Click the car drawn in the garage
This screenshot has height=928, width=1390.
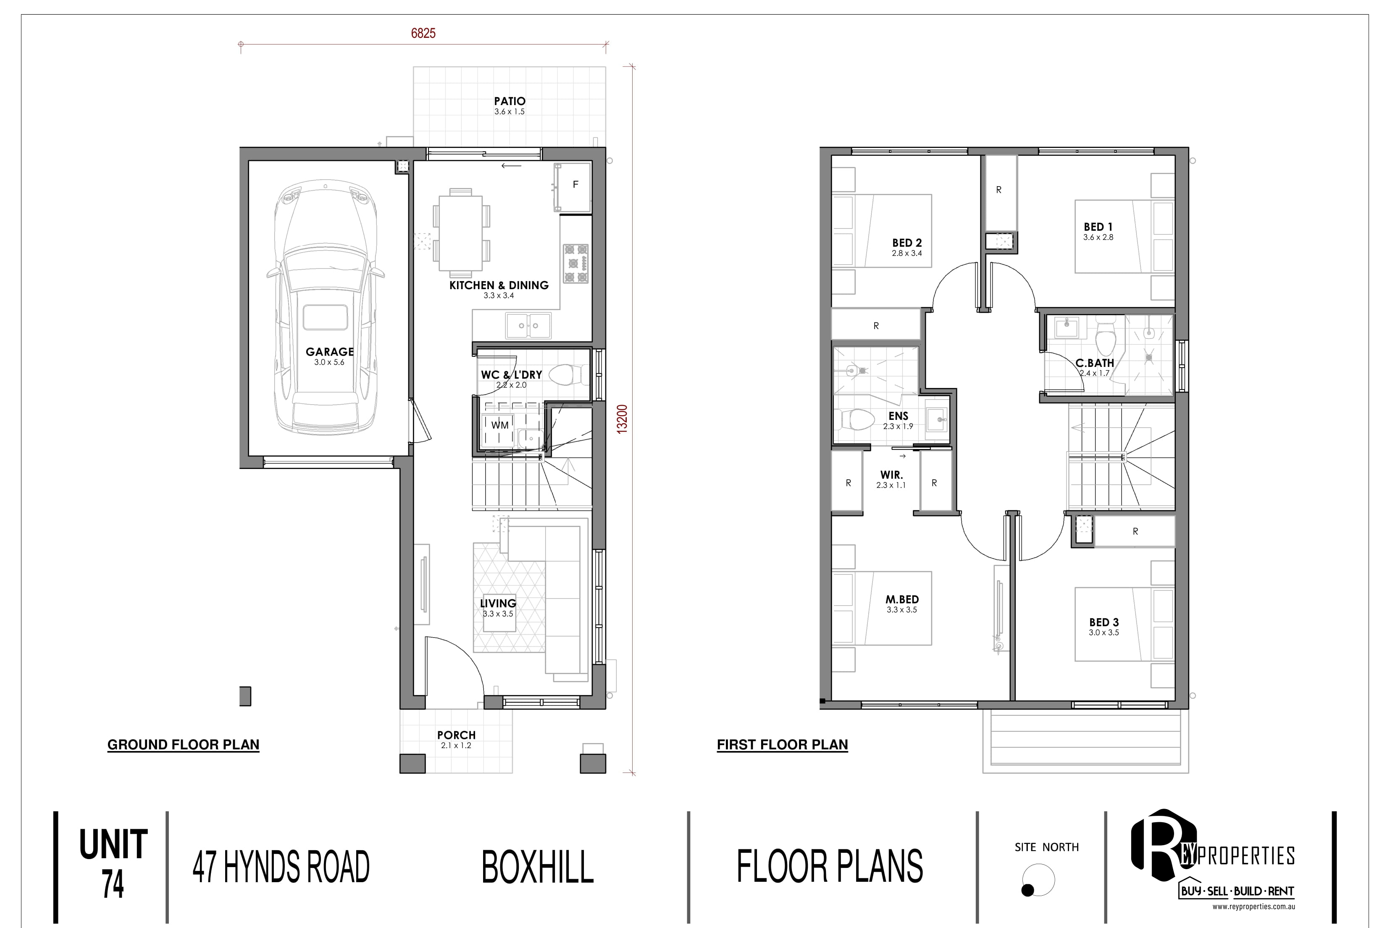(x=325, y=308)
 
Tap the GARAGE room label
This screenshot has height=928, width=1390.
(x=329, y=351)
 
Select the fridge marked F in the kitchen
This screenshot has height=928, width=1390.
(x=573, y=187)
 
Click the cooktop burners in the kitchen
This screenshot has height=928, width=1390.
(x=575, y=264)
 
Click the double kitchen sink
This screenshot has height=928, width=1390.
(x=528, y=325)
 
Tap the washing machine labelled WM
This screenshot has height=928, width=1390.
(x=500, y=425)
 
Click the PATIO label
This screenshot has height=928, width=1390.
(x=509, y=101)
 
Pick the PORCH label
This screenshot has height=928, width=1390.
(x=456, y=735)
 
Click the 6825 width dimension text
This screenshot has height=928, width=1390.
(x=423, y=33)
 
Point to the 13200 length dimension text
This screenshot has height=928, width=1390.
(x=622, y=419)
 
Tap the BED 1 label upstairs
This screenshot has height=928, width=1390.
(x=1098, y=227)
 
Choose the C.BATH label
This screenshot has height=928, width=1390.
(x=1095, y=363)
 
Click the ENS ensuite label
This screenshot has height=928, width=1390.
(x=899, y=416)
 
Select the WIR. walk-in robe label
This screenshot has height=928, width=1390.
(x=891, y=475)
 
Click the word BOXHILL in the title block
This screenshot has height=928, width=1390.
(x=538, y=867)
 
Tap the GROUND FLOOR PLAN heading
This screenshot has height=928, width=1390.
(x=184, y=744)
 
